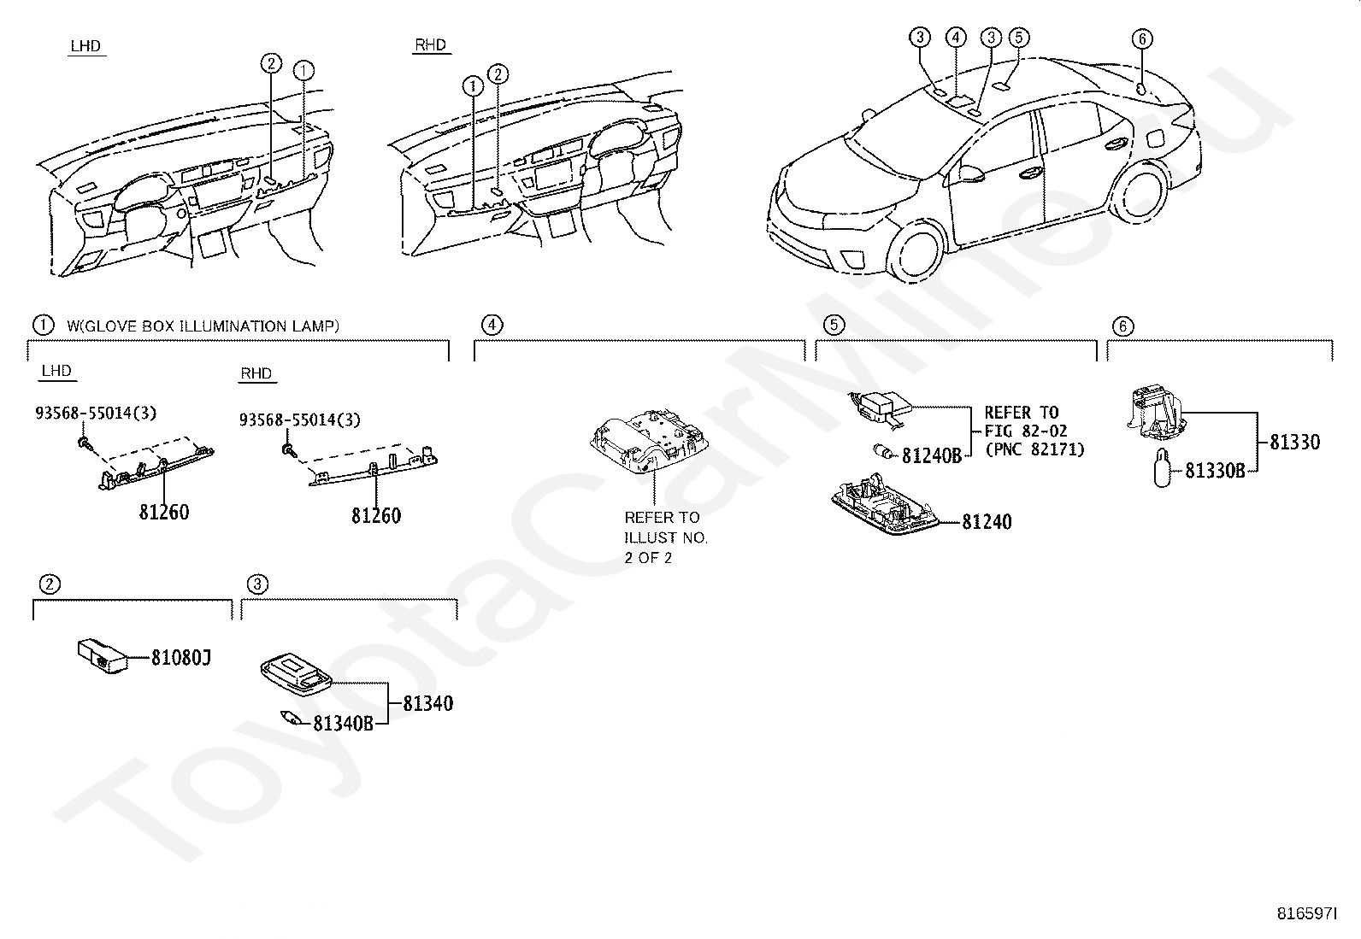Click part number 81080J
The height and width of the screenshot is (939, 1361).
[x=181, y=658]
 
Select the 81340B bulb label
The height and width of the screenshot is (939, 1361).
[x=343, y=724]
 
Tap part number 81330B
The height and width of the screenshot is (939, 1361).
[x=1215, y=470]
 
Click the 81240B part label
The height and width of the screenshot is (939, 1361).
[x=932, y=455]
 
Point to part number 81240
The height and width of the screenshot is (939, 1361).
[x=987, y=521]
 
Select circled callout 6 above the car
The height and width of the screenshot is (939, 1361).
[x=1142, y=38]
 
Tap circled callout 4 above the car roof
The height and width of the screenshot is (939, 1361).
[x=956, y=37]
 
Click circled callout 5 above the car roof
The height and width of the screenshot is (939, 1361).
[x=1018, y=37]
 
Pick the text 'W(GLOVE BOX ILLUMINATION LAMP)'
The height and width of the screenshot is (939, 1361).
[x=203, y=326]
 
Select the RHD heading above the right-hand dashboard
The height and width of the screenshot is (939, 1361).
[x=430, y=44]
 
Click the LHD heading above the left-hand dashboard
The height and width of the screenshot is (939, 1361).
[x=85, y=46]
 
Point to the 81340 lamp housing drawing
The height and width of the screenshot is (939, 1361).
[x=296, y=668]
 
